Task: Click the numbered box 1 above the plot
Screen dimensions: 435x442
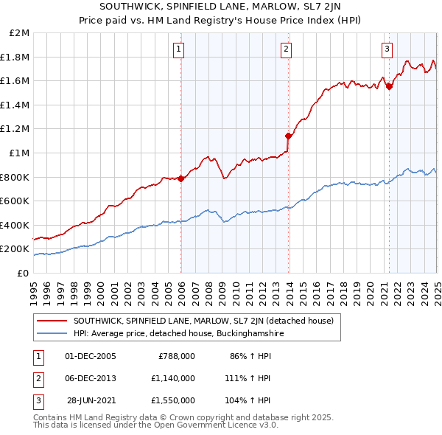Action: pyautogui.click(x=179, y=49)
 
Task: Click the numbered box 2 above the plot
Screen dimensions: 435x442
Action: pyautogui.click(x=286, y=49)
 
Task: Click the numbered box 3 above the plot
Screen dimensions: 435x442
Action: pyautogui.click(x=387, y=49)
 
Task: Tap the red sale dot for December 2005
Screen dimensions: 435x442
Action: pyautogui.click(x=181, y=178)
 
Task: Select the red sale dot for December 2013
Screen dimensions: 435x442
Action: pyautogui.click(x=289, y=136)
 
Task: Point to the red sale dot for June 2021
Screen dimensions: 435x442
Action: pyautogui.click(x=390, y=87)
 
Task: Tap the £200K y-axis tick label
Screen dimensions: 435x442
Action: pyautogui.click(x=15, y=249)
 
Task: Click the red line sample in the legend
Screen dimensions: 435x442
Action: pyautogui.click(x=52, y=321)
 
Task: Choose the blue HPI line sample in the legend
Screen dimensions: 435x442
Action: pyautogui.click(x=52, y=333)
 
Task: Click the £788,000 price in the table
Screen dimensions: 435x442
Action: pyautogui.click(x=177, y=356)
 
